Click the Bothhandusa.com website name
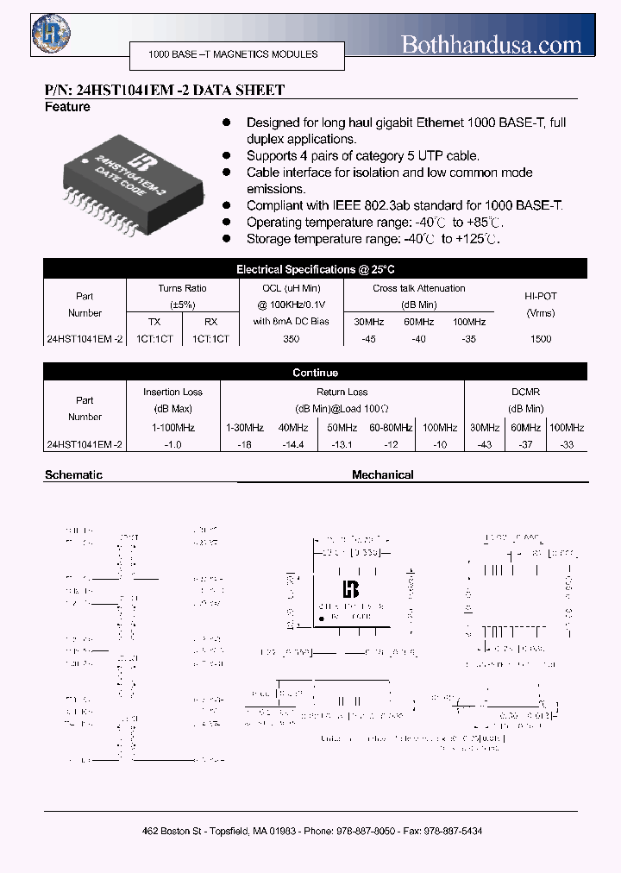click(x=492, y=44)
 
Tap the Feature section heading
click(x=67, y=107)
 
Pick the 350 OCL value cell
click(x=292, y=339)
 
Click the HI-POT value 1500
click(x=541, y=339)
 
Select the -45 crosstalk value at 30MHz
click(x=369, y=339)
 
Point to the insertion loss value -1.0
click(x=174, y=444)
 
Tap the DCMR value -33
click(x=566, y=444)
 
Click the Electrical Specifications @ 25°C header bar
click(x=315, y=269)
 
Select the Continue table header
click(x=315, y=373)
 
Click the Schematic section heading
click(x=73, y=474)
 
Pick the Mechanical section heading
click(x=383, y=474)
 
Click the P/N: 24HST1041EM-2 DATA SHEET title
click(x=164, y=90)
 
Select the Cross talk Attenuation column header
click(x=418, y=288)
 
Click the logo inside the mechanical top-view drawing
click(x=351, y=588)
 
